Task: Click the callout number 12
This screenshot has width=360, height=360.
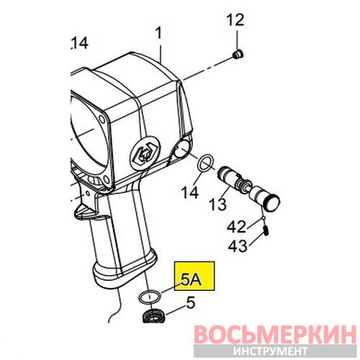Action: (x=235, y=20)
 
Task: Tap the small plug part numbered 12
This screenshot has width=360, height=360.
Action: (x=238, y=55)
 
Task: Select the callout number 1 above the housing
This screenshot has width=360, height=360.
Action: (x=158, y=33)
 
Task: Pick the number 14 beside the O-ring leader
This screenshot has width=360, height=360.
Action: (x=190, y=192)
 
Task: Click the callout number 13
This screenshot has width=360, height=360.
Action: (x=217, y=204)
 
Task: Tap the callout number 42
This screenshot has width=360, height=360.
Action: (x=236, y=227)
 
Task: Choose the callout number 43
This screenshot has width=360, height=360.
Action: (x=238, y=246)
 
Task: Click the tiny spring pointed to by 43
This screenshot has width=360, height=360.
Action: (x=266, y=231)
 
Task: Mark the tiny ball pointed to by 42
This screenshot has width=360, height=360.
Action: (x=264, y=218)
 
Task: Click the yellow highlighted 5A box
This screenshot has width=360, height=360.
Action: (x=194, y=276)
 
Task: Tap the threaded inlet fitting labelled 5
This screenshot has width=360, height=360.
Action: (x=153, y=316)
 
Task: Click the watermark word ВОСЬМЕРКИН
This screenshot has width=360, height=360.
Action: (x=274, y=335)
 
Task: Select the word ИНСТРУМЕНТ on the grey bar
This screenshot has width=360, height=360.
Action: (x=271, y=351)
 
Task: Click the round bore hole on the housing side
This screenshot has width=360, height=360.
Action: (x=181, y=148)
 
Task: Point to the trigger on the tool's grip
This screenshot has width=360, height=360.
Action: (x=84, y=204)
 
